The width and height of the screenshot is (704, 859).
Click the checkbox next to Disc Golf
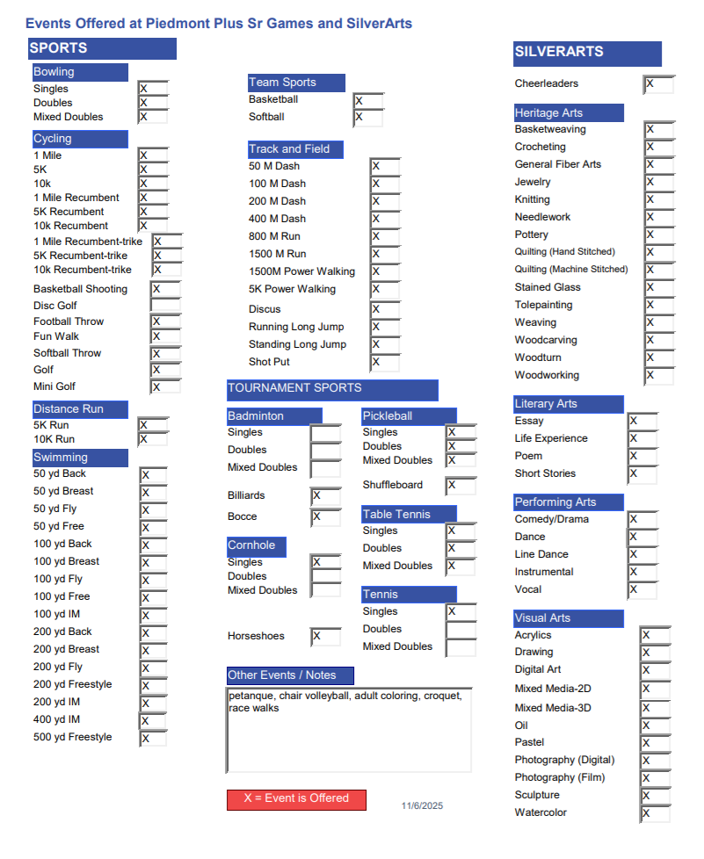[x=165, y=306]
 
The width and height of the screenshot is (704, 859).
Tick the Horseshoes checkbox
[x=326, y=637]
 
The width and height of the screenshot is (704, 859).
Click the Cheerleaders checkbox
[x=658, y=84]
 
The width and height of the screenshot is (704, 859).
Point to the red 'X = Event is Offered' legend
[x=296, y=799]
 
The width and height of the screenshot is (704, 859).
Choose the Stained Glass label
[x=548, y=287]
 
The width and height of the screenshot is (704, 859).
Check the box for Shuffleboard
[x=461, y=486]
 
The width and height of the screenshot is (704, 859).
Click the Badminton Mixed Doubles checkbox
[x=325, y=468]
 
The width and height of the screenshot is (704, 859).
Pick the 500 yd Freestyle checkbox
[x=153, y=739]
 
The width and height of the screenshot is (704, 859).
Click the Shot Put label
[x=269, y=362]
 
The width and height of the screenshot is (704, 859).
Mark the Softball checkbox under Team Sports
[x=368, y=118]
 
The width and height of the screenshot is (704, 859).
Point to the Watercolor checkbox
[x=655, y=814]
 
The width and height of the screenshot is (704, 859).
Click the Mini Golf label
[x=54, y=386]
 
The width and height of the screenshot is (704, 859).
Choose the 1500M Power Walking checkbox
[x=384, y=272]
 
